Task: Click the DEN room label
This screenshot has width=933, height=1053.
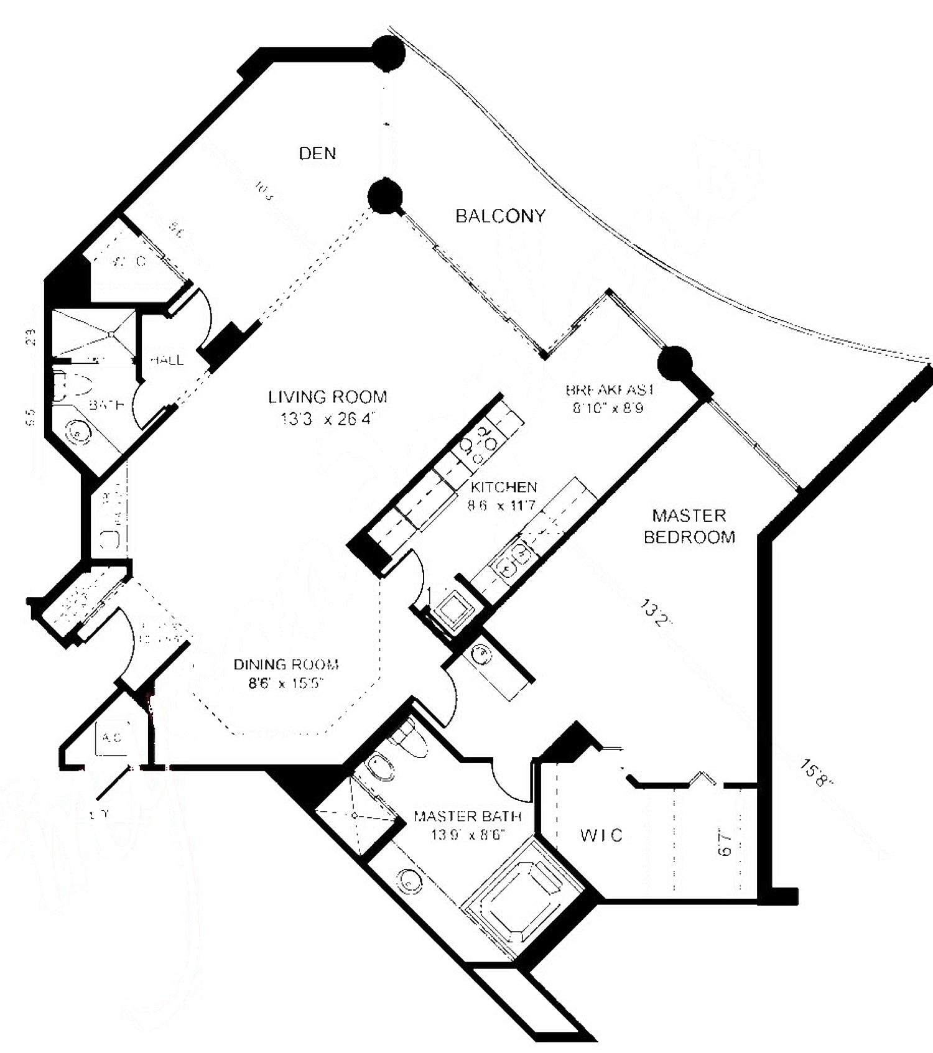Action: coord(317,154)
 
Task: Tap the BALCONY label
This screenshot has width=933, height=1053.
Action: coord(500,216)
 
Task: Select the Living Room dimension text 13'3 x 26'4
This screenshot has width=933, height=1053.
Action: coord(327,419)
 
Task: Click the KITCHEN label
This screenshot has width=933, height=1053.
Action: coord(503,486)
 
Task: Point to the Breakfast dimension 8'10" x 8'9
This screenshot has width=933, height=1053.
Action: coord(608,408)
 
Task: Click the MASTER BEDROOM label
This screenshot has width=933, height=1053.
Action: coord(689,526)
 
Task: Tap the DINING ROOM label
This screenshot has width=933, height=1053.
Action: coord(286,664)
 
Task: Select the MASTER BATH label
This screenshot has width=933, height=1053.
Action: coord(467,816)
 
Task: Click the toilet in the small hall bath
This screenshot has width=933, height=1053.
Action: coord(70,386)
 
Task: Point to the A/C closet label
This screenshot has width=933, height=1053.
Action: coord(112,738)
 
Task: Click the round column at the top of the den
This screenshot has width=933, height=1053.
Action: coord(388,53)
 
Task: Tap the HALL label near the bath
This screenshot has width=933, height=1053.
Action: coord(166,360)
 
